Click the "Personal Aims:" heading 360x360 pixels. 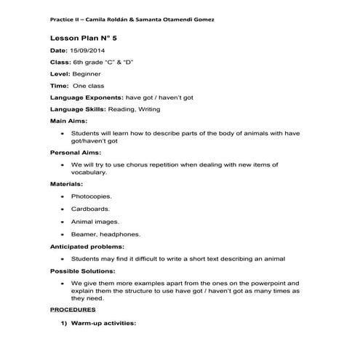pos(75,153)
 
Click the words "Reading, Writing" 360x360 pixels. pos(135,108)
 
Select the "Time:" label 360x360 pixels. pos(59,85)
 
